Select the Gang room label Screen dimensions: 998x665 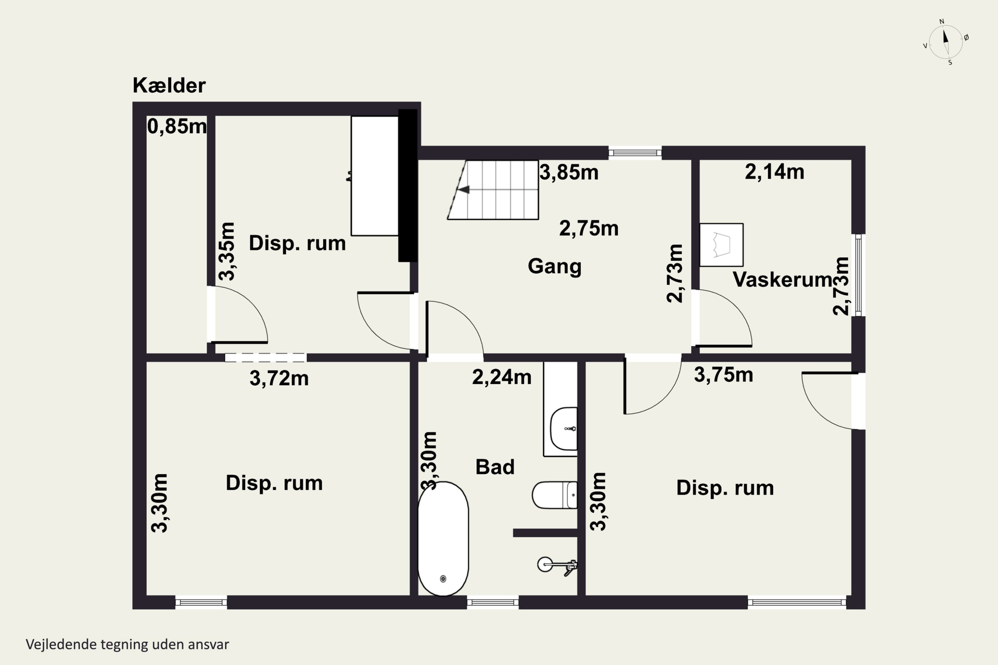coord(554,267)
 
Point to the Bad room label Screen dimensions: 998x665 coord(495,467)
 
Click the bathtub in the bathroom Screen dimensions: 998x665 coord(443,539)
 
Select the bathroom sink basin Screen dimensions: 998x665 coord(564,429)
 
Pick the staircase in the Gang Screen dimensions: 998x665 coord(493,190)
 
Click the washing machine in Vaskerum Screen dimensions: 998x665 coord(721,245)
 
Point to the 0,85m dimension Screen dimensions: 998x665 coord(177,126)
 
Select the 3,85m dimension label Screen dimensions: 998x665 coord(569,173)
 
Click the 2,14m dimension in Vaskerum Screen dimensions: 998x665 coord(774,172)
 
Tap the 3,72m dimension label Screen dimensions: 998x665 coord(279,378)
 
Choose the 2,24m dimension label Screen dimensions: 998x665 coord(502,377)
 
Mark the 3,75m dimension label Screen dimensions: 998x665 coord(724,374)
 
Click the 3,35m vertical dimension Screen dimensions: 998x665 coord(227,251)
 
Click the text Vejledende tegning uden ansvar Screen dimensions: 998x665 coord(127,644)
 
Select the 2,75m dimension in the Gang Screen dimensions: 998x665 coord(588,228)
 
